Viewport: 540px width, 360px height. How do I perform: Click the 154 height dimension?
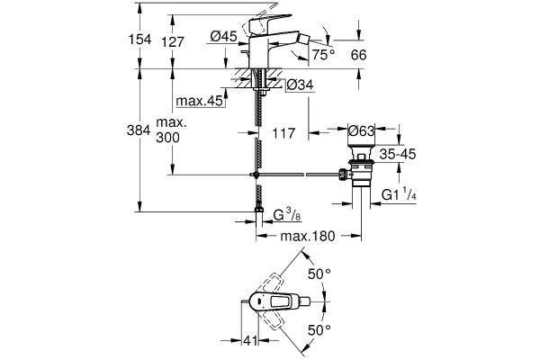(x=140, y=40)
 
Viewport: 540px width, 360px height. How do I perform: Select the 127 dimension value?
(x=173, y=42)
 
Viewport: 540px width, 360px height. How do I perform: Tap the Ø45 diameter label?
(x=223, y=36)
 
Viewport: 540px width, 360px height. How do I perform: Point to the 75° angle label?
(x=323, y=54)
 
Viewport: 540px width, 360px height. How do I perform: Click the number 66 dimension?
(x=359, y=55)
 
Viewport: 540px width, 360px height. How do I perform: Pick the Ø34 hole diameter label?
(x=300, y=85)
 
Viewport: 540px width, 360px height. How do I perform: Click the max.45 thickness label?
(x=200, y=102)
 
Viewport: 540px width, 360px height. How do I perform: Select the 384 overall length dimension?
(x=139, y=130)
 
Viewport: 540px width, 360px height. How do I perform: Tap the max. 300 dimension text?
(x=171, y=130)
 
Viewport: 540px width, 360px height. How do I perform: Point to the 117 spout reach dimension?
(x=283, y=133)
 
